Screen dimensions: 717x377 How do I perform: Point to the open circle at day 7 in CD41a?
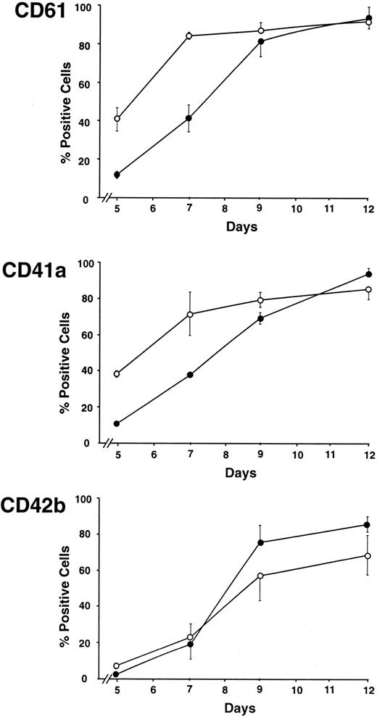click(188, 315)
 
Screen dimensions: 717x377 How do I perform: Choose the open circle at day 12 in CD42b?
click(368, 556)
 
